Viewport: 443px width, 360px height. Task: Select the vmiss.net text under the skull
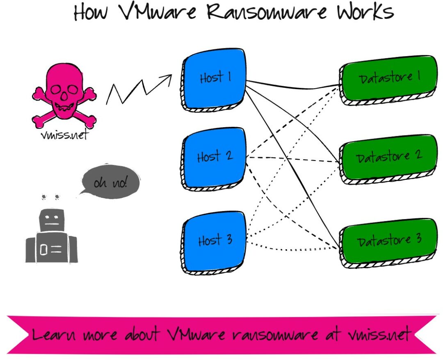[x=64, y=135]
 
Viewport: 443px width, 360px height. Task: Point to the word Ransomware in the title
[x=267, y=12]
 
